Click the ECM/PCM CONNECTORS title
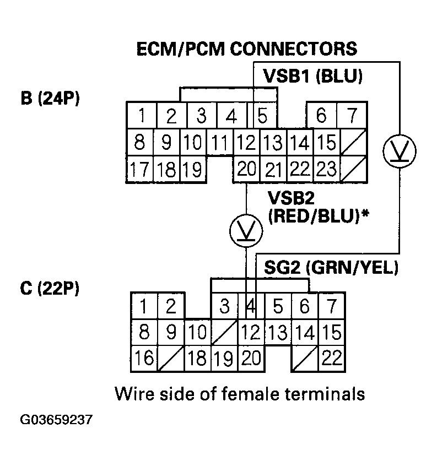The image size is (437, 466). click(x=246, y=49)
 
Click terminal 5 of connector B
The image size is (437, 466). click(x=263, y=116)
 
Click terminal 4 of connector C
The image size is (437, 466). click(x=250, y=306)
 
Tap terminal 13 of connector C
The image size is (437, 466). click(x=278, y=332)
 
